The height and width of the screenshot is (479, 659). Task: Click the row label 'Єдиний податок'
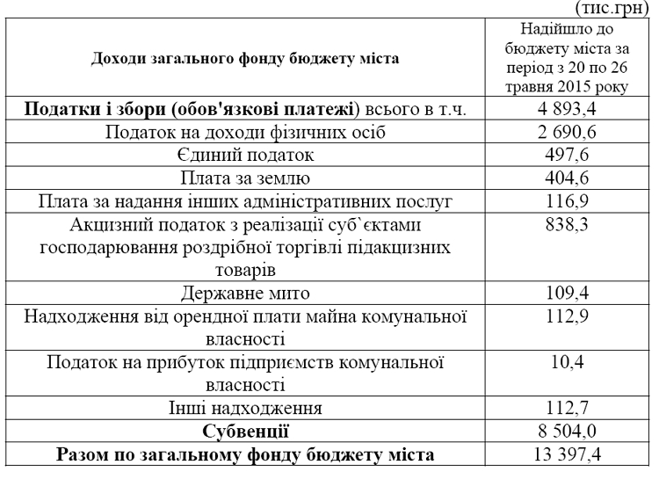(x=243, y=156)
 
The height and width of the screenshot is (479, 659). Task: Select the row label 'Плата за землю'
(x=243, y=179)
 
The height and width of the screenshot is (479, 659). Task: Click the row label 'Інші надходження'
(x=243, y=408)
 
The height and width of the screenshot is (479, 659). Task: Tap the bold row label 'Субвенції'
(x=243, y=431)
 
